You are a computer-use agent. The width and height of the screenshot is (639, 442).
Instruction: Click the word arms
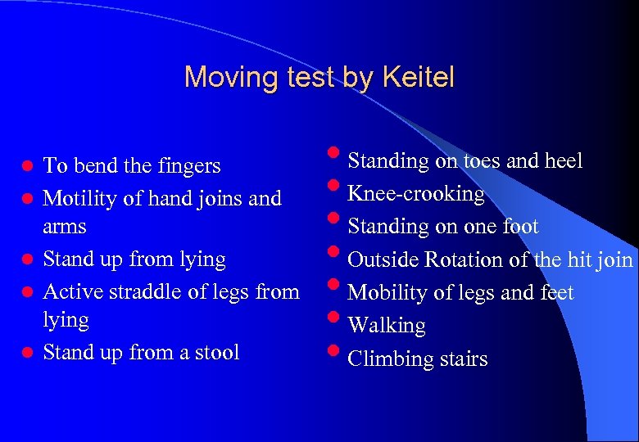[x=65, y=226]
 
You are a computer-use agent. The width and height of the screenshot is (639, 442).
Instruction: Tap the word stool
[x=214, y=353]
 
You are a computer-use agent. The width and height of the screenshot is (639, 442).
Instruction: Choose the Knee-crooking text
[x=416, y=194]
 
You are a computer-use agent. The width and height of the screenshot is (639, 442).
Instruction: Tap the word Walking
[x=387, y=326]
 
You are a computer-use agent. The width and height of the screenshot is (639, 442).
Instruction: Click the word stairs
[x=464, y=359]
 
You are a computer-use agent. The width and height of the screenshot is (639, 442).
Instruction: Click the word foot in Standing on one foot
[x=521, y=227]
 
